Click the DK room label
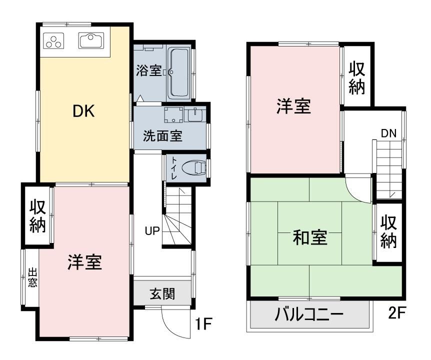pyautogui.click(x=83, y=111)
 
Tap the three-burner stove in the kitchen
pyautogui.click(x=54, y=40)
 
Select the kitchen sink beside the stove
pyautogui.click(x=91, y=40)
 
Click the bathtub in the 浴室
pyautogui.click(x=178, y=73)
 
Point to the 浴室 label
pyautogui.click(x=148, y=70)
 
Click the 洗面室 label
pyautogui.click(x=162, y=136)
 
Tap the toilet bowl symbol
pyautogui.click(x=194, y=167)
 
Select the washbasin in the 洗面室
pyautogui.click(x=195, y=114)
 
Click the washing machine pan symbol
pyautogui.click(x=173, y=115)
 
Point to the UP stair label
pyautogui.click(x=152, y=231)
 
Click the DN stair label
pyautogui.click(x=388, y=133)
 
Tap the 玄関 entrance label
pyautogui.click(x=162, y=294)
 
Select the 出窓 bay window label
pyautogui.click(x=32, y=278)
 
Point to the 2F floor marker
pyautogui.click(x=397, y=312)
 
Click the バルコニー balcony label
pyautogui.click(x=309, y=314)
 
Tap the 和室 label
pyautogui.click(x=310, y=237)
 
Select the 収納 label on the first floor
pyautogui.click(x=37, y=216)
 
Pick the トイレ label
pyautogui.click(x=174, y=168)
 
